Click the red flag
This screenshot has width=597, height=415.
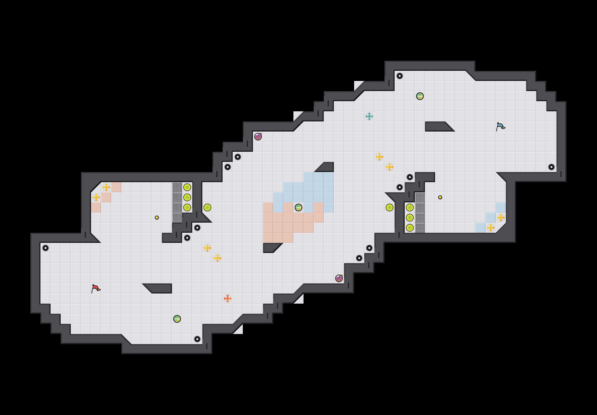coord(96,288)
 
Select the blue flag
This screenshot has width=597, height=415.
coord(500,127)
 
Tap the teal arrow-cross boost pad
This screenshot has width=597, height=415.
coord(369,116)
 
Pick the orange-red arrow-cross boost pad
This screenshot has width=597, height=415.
coord(227,299)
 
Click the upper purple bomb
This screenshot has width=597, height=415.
coord(258,136)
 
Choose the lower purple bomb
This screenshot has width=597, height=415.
coord(339,278)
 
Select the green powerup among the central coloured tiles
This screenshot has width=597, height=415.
coord(298,207)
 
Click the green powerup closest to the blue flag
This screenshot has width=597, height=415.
coord(420,96)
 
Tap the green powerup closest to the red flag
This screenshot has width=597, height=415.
coord(177,319)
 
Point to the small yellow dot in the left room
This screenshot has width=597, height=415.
coord(157,218)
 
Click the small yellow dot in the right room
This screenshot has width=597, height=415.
coord(440,197)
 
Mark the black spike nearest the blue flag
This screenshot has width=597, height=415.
coord(551,167)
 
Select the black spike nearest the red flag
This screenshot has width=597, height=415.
coord(46,248)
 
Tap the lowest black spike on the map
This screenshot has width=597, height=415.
coord(197,339)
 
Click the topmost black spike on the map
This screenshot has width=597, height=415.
coord(399,76)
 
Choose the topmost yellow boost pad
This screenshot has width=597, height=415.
coord(379,157)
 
